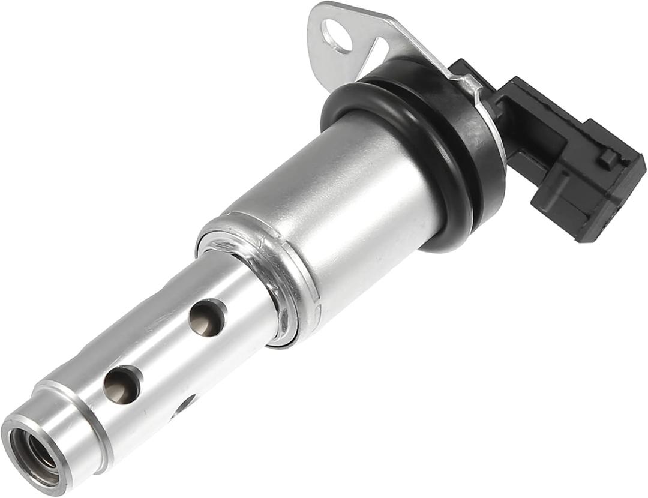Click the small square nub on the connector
(x=608, y=158)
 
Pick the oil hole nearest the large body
(x=206, y=317)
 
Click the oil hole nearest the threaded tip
(x=121, y=385)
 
